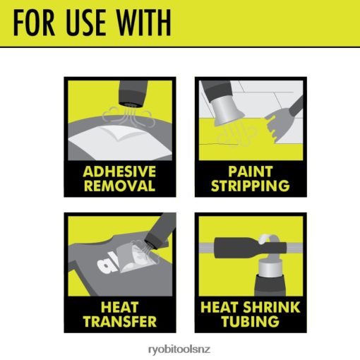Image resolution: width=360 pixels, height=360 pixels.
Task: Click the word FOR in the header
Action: (34, 23)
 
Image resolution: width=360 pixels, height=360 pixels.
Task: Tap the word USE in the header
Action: (86, 23)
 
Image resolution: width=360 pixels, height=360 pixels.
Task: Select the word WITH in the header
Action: (144, 23)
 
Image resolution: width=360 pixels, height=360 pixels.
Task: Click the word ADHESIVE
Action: (119, 172)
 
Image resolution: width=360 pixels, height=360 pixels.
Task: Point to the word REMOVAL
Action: (119, 186)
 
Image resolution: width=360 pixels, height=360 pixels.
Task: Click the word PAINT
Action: (251, 172)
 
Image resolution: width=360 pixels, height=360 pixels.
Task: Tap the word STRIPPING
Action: (251, 186)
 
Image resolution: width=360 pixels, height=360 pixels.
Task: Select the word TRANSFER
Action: (120, 321)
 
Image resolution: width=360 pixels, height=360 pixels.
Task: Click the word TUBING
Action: (251, 321)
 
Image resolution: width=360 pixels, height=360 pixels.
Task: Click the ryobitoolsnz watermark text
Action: (179, 349)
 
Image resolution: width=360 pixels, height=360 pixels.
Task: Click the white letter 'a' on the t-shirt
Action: (105, 266)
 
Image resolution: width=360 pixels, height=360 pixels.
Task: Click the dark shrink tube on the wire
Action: (251, 248)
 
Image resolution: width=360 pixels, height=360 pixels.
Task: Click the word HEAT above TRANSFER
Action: (119, 307)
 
